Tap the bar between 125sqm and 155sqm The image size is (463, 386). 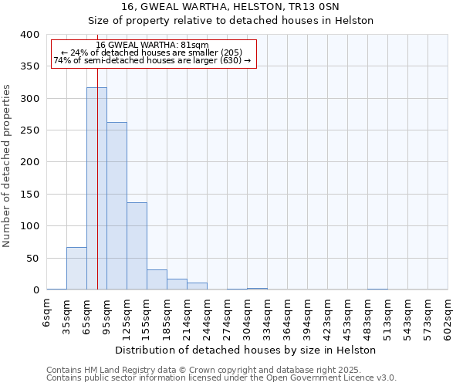137,246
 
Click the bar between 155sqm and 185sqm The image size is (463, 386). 157,280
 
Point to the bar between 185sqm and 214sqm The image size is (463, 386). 177,284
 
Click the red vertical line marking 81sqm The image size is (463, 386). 98,154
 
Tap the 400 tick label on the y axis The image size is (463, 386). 30,35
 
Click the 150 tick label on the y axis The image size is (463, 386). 30,195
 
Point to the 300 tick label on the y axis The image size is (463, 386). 30,99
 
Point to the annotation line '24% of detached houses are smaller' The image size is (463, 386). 153,52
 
